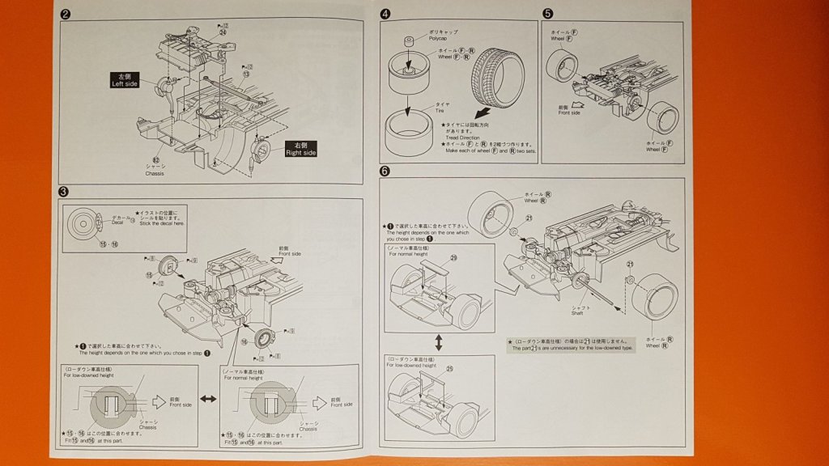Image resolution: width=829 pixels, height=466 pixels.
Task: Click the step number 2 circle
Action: click(x=66, y=14)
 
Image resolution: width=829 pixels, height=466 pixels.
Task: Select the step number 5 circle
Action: click(x=548, y=14)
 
